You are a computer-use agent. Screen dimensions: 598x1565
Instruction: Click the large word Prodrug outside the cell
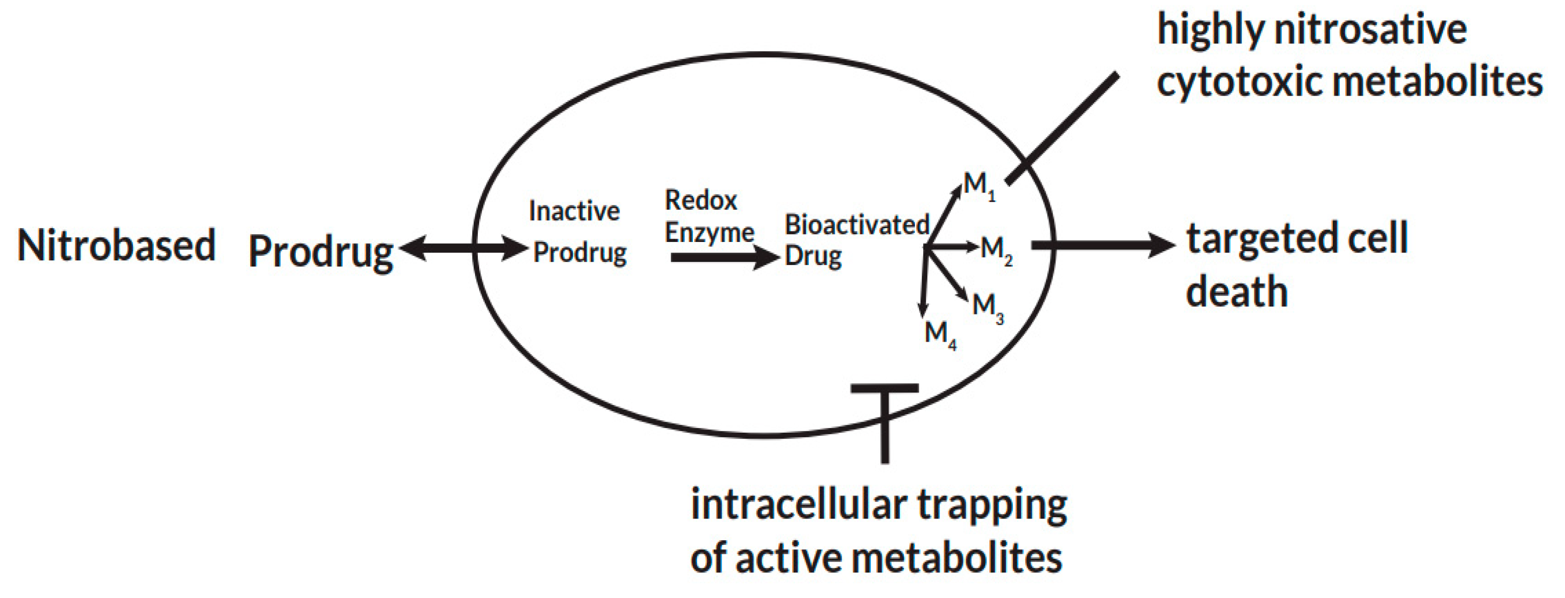point(320,252)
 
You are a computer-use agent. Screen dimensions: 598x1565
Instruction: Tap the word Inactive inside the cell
point(574,211)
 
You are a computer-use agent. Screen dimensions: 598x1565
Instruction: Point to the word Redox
point(701,200)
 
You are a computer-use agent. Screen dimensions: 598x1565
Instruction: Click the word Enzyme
point(709,233)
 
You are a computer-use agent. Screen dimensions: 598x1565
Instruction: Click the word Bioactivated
point(857,225)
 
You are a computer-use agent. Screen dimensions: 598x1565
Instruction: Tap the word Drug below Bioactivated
point(813,256)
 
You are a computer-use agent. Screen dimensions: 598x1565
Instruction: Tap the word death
point(1236,292)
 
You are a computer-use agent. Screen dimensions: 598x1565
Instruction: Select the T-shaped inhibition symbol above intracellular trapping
point(885,419)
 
